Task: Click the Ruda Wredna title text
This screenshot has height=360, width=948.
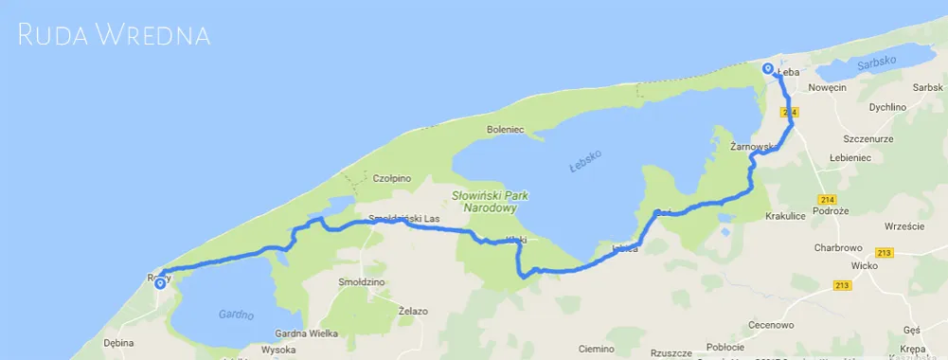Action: pyautogui.click(x=114, y=36)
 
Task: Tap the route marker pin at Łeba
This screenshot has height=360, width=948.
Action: pyautogui.click(x=767, y=68)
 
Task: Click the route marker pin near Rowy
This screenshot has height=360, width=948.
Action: pyautogui.click(x=160, y=282)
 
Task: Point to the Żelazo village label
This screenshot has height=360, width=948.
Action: pyautogui.click(x=413, y=311)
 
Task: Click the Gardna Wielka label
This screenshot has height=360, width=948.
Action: pyautogui.click(x=307, y=333)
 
